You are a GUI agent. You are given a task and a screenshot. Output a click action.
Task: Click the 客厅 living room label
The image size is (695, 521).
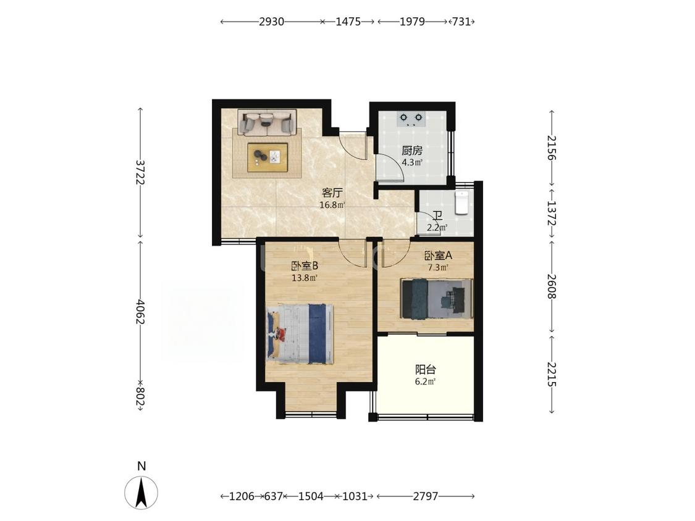(x=332, y=193)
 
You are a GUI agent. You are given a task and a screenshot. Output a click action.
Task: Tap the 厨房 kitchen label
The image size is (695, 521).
(x=412, y=151)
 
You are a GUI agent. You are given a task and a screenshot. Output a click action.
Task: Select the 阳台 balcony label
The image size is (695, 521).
(x=426, y=369)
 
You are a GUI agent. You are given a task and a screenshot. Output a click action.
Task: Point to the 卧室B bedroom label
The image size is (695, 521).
(x=305, y=266)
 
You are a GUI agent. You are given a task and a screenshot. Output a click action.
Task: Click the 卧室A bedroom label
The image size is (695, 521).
(x=438, y=256)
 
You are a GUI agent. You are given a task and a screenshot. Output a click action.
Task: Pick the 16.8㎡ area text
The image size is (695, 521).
(x=332, y=205)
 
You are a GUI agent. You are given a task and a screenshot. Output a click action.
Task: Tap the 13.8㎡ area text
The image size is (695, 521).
(x=305, y=278)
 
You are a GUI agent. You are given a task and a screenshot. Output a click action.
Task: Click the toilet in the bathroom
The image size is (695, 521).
(x=461, y=203)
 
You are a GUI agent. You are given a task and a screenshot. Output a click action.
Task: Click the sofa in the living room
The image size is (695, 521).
(x=267, y=122)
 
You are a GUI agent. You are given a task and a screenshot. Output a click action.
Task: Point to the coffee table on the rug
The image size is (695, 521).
(x=267, y=157)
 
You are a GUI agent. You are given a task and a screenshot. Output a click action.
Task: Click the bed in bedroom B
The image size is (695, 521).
(x=300, y=333)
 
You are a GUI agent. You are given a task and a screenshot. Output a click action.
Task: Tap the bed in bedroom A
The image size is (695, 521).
(x=437, y=298)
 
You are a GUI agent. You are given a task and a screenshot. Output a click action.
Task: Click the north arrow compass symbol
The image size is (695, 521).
(x=141, y=493)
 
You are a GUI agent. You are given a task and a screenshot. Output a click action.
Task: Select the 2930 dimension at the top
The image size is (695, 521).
(x=271, y=21)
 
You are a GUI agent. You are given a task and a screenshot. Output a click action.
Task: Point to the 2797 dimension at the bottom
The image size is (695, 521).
(x=426, y=496)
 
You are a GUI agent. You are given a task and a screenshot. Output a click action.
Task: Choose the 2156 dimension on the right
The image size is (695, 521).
(x=552, y=148)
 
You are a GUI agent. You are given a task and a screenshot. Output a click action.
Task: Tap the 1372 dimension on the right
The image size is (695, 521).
(x=552, y=213)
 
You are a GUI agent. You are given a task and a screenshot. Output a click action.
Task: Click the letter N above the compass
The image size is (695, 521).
(x=141, y=465)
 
